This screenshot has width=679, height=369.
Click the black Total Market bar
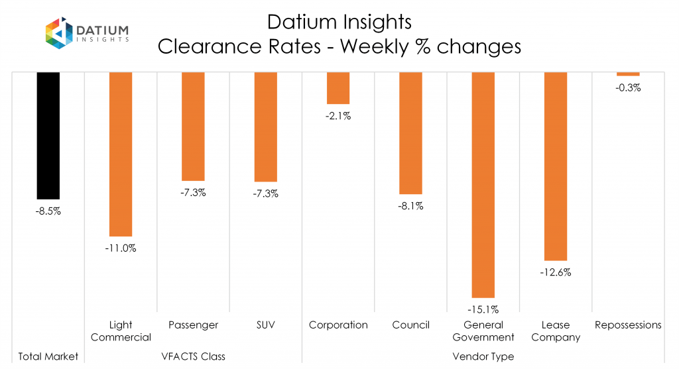(48, 135)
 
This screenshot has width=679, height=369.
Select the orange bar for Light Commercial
(121, 154)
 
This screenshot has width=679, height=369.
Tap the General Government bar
(483, 185)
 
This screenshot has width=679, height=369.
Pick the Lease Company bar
(555, 166)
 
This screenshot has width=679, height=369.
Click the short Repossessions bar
(628, 74)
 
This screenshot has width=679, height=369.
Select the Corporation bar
(338, 88)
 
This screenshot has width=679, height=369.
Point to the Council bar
(410, 132)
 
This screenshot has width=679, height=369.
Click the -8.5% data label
(48, 212)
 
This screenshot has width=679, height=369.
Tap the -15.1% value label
(483, 309)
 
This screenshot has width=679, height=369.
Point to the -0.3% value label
(628, 87)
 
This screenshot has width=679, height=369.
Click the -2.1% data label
(338, 116)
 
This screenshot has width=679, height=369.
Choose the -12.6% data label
(555, 272)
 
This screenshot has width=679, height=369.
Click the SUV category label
(265, 325)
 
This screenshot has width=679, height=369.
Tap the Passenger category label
(193, 325)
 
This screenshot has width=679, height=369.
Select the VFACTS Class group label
(194, 356)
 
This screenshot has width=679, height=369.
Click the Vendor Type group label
(483, 356)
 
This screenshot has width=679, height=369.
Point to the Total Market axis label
(48, 356)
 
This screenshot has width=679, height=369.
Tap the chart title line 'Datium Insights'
(339, 22)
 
